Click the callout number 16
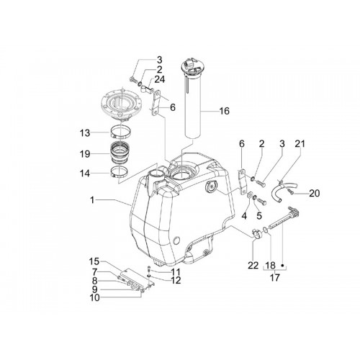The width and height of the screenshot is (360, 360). click(224, 111)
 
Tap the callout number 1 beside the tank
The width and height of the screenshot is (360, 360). click(92, 199)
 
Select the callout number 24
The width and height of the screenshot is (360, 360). click(159, 79)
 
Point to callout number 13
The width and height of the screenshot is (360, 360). click(85, 133)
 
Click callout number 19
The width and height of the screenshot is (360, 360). click(85, 154)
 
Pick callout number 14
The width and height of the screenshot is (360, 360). click(85, 174)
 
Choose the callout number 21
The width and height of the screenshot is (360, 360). click(300, 144)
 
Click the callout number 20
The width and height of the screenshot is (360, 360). click(315, 193)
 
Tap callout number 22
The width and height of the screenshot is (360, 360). click(253, 266)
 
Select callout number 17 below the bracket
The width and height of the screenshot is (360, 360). click(274, 278)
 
